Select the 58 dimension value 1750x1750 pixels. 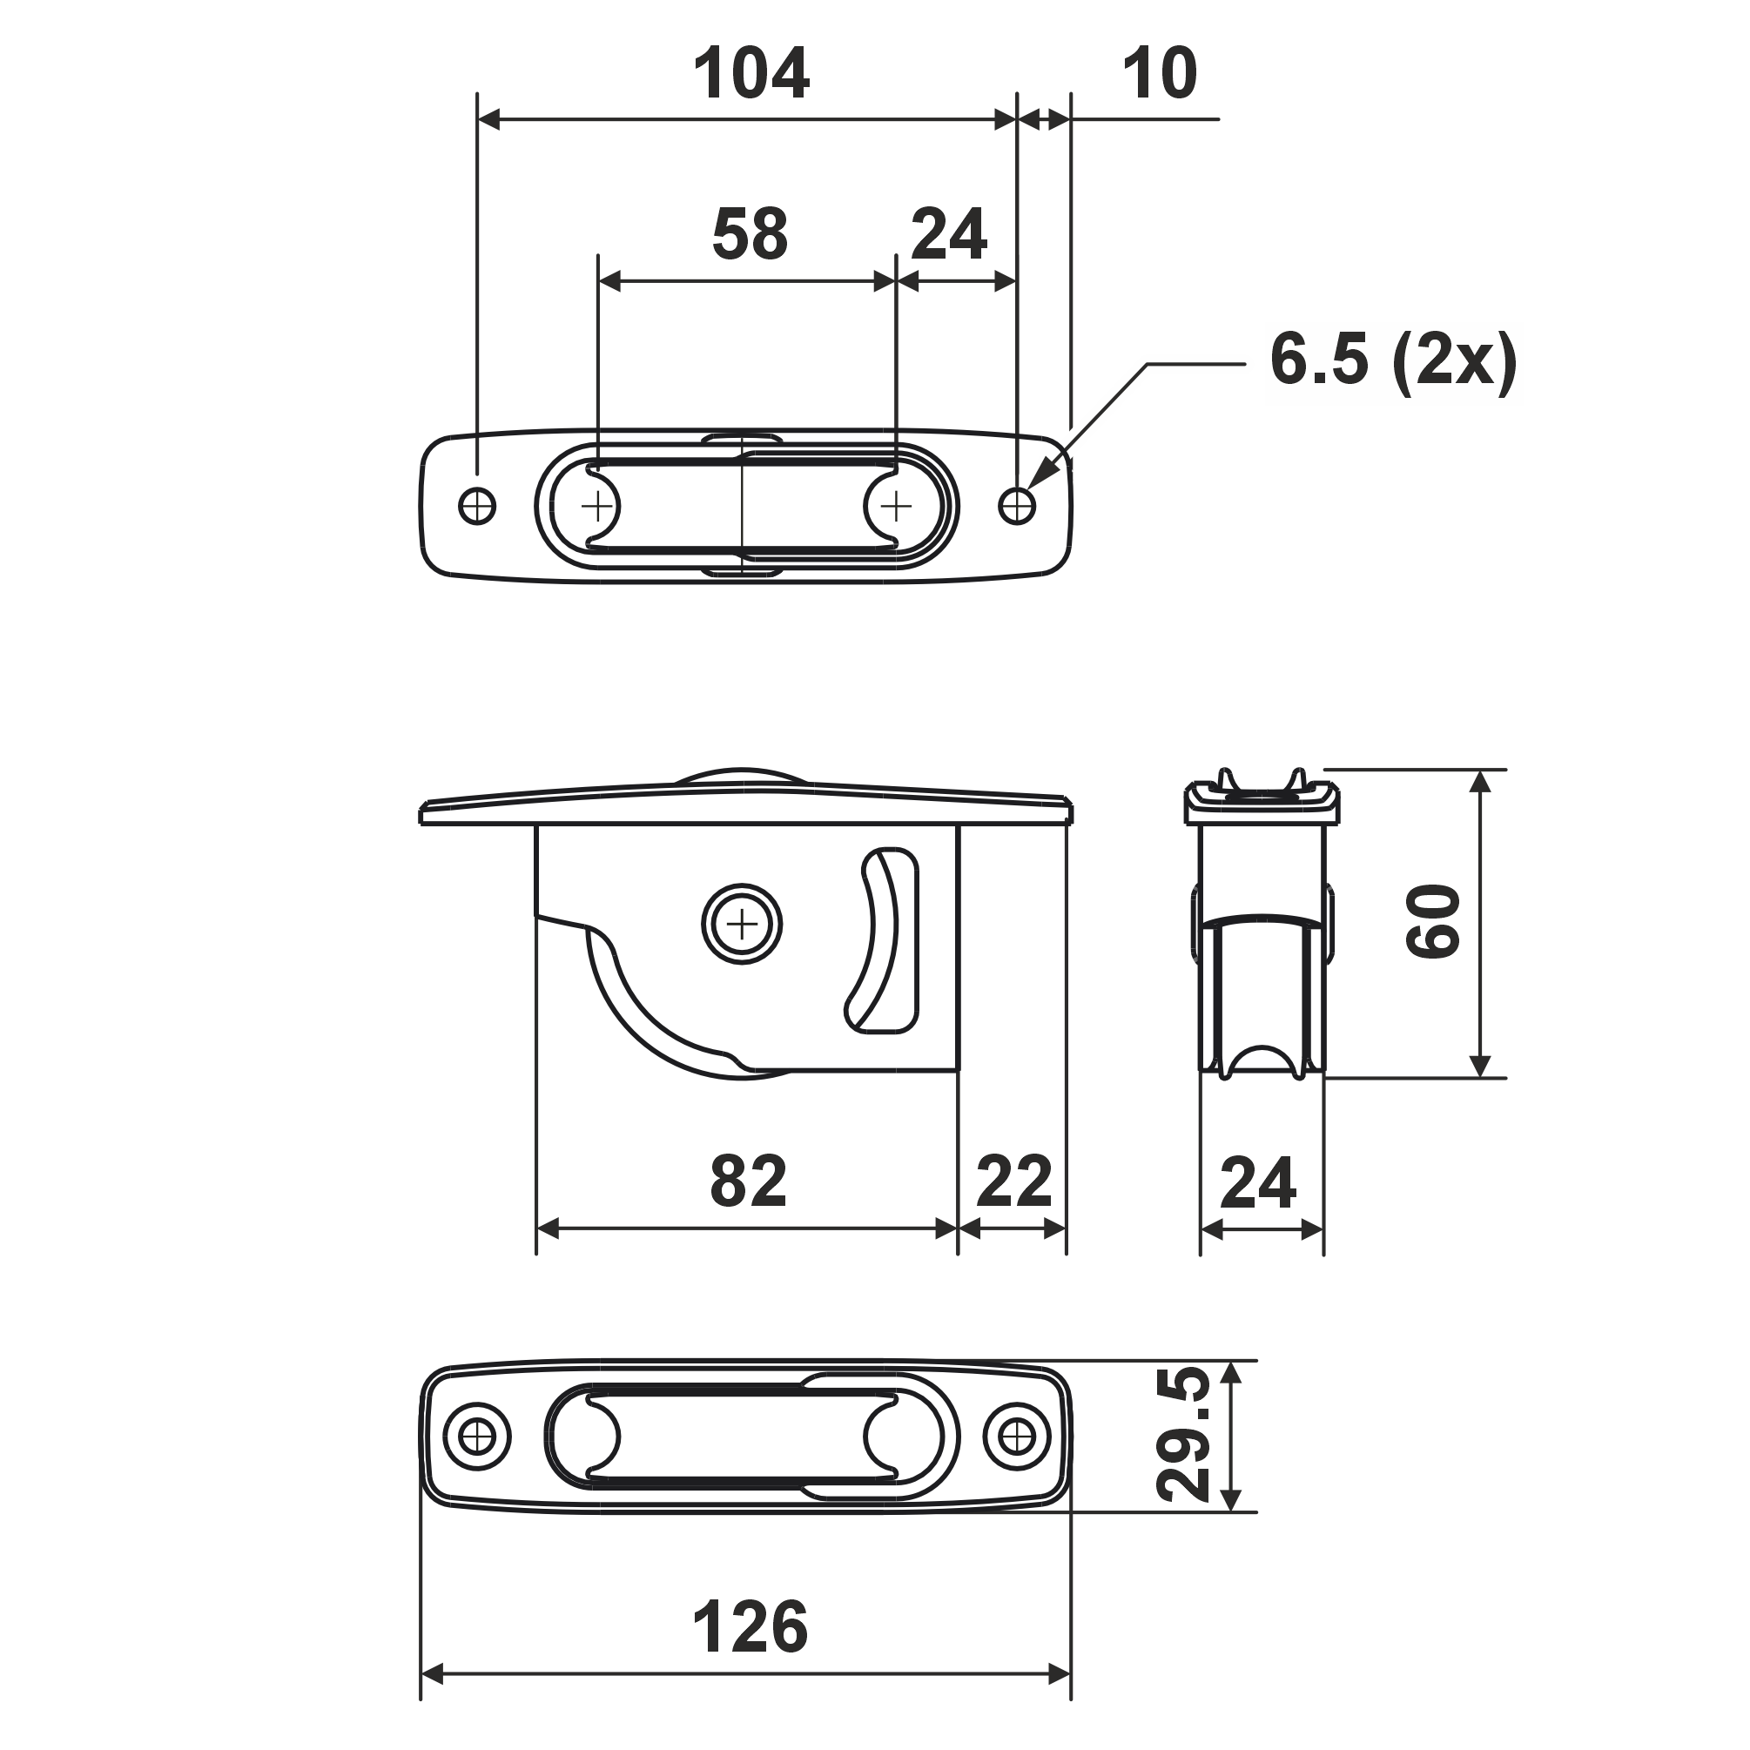point(750,233)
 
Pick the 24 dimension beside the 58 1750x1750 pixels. point(948,233)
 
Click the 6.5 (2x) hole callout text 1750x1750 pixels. point(1393,360)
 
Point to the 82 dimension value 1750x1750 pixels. point(748,1181)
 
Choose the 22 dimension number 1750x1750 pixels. point(1013,1181)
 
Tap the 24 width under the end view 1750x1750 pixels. point(1258,1183)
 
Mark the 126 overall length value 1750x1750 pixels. point(750,1627)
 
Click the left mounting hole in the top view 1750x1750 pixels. point(477,506)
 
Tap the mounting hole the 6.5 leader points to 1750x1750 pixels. point(1016,506)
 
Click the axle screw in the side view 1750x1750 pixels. point(742,925)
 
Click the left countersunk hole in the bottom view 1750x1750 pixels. point(477,1436)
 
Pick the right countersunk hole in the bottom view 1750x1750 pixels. point(1016,1436)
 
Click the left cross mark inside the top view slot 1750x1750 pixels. point(597,506)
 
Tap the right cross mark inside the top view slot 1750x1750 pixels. point(896,506)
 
